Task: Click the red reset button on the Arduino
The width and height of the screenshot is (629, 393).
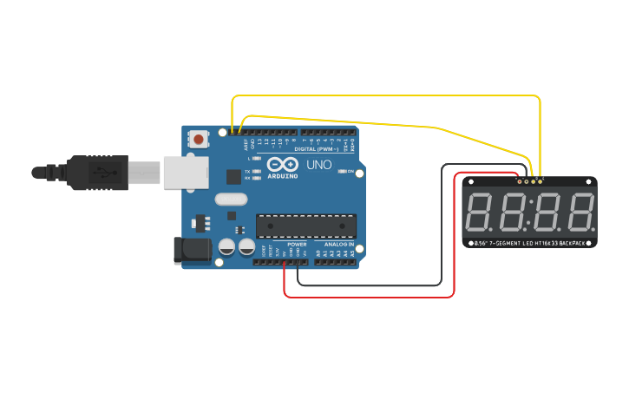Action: click(x=200, y=139)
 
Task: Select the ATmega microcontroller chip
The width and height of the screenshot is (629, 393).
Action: click(x=305, y=226)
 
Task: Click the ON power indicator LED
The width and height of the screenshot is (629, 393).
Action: click(x=340, y=172)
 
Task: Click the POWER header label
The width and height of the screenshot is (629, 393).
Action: click(x=297, y=245)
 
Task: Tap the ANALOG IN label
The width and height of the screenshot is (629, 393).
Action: click(x=339, y=245)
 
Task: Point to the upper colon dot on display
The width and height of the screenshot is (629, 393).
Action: click(x=531, y=205)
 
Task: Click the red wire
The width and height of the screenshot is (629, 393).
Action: click(x=369, y=297)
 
